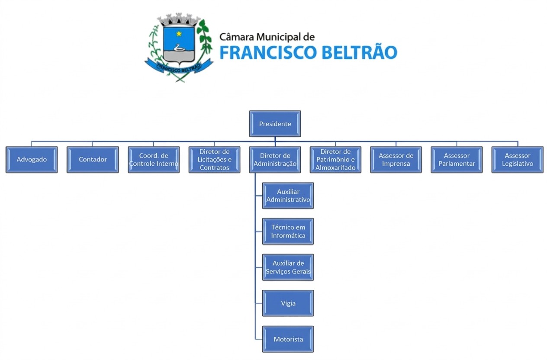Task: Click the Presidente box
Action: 275,124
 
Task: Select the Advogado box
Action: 32,160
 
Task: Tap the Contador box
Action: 93,160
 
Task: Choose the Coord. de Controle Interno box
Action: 154,160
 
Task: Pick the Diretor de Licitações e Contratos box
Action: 214,160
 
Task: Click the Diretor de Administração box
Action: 275,160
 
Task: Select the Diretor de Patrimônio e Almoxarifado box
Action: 335,160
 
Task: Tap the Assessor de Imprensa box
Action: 396,160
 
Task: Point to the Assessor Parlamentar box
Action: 457,160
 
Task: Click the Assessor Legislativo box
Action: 518,160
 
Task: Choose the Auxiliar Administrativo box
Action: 288,196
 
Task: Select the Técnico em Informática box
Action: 288,231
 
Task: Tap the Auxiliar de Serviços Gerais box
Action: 288,267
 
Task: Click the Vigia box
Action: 288,303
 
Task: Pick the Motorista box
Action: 288,339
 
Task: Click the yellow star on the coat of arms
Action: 179,33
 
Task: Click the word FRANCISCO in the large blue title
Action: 264,52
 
